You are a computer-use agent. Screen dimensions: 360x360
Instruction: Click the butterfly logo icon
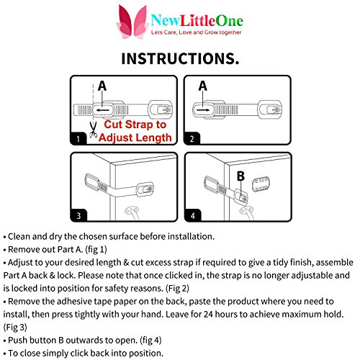click(x=132, y=22)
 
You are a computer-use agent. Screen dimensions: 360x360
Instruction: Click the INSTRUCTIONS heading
click(x=180, y=58)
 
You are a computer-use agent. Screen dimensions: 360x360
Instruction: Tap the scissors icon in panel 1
click(x=93, y=130)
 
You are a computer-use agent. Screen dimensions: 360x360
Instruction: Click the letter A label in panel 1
click(x=102, y=86)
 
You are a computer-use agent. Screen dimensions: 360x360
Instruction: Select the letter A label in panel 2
click(x=203, y=86)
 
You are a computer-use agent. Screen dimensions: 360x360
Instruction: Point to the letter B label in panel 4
click(x=240, y=176)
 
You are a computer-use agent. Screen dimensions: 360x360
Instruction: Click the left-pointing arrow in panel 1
click(x=103, y=110)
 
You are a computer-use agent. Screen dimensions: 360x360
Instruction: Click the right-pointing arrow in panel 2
click(x=203, y=110)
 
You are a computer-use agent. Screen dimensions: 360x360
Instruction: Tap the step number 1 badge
click(x=78, y=138)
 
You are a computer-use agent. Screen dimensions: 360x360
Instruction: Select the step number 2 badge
click(x=192, y=138)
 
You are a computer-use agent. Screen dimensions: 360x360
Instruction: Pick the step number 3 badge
click(x=78, y=215)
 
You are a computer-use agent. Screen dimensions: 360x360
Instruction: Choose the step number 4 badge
click(x=193, y=215)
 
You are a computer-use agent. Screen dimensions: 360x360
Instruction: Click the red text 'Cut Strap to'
click(x=135, y=125)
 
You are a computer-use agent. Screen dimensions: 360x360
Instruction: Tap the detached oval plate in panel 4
click(x=261, y=184)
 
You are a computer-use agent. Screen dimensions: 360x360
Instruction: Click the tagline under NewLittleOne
click(x=196, y=32)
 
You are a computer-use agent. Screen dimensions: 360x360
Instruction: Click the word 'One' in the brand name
click(x=230, y=21)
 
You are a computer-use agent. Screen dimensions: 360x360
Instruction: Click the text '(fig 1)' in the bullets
click(x=96, y=250)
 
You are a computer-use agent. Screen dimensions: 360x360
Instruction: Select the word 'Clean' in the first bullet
click(x=19, y=237)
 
